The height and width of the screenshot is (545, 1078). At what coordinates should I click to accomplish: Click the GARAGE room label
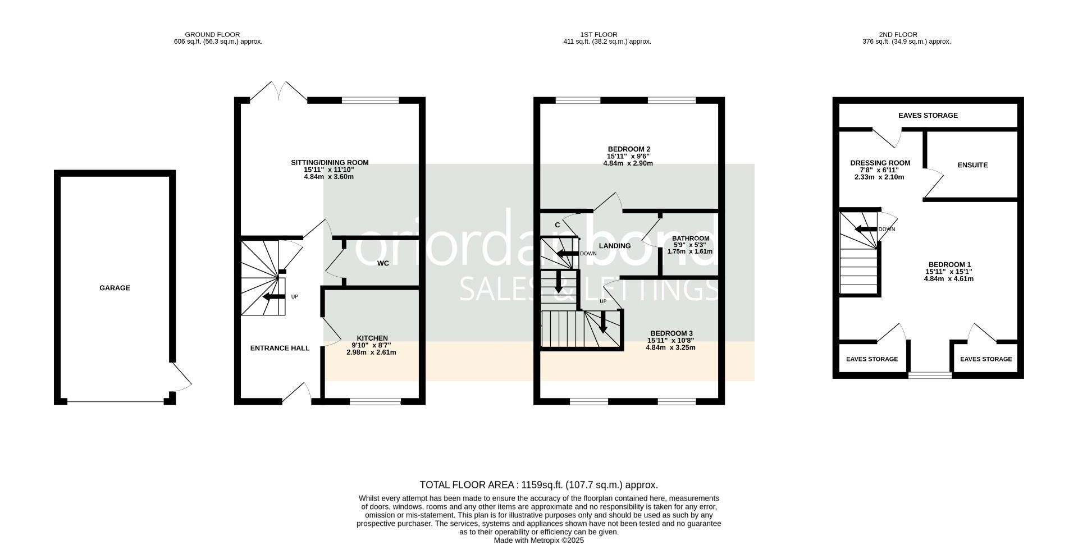115,288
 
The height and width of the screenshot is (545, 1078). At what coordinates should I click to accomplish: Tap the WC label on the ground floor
383,263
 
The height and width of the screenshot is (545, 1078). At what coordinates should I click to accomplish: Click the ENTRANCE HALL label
280,348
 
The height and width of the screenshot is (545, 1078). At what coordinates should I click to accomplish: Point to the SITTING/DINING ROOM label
330,163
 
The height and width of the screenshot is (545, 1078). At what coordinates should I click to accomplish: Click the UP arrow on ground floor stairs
274,297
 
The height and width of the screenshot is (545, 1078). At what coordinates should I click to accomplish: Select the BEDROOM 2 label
628,149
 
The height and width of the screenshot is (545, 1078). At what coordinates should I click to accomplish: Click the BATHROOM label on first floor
691,239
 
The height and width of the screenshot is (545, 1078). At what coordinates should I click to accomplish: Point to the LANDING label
615,246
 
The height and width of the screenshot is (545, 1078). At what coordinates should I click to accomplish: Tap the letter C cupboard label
558,225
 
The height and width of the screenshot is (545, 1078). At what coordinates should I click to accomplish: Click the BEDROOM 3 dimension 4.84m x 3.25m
670,347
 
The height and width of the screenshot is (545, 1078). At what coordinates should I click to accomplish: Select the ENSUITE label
972,165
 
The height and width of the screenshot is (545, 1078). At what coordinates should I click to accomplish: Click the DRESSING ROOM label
880,163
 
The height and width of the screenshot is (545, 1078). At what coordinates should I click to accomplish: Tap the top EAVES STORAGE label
928,116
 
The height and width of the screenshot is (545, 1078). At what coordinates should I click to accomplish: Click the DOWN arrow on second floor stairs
865,229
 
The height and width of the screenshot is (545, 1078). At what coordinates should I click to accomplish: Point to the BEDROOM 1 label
949,264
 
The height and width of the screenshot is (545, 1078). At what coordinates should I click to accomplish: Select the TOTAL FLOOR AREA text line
538,485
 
